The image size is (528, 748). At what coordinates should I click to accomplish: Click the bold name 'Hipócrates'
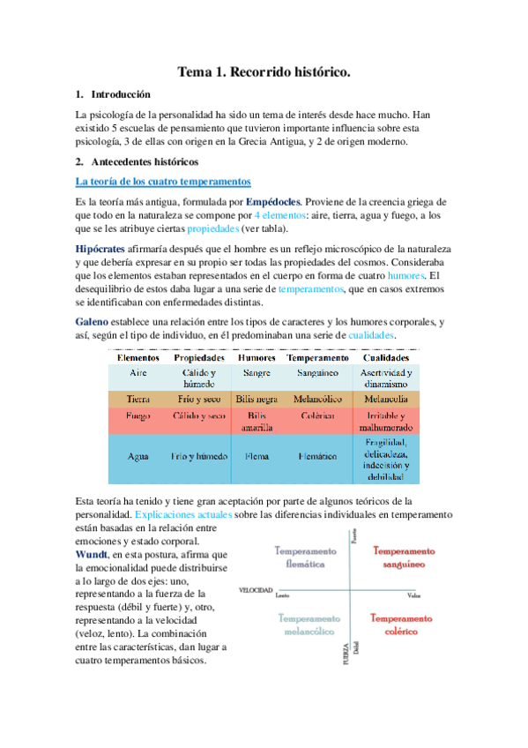tap(101, 250)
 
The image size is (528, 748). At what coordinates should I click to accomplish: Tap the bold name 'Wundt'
tap(95, 554)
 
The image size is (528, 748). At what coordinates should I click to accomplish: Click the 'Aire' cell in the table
tap(138, 372)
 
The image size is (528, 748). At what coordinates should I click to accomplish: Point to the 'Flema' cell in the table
tap(257, 457)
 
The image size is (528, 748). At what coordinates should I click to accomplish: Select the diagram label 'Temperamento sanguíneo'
tap(404, 556)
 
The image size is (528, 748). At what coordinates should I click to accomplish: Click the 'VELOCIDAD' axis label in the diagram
tap(255, 589)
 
